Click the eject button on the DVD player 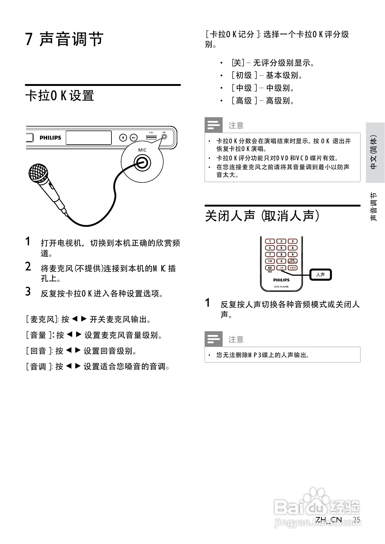point(123,137)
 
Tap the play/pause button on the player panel point(133,137)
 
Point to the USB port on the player point(151,137)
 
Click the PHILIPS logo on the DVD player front point(50,138)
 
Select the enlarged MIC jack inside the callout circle point(142,163)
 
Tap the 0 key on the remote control point(281,261)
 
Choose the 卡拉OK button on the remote point(292,267)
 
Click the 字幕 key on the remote point(270,261)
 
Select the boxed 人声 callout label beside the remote point(320,274)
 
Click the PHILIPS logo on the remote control point(281,280)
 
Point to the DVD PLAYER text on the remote point(281,287)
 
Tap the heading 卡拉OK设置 point(60,96)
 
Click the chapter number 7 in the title point(29,39)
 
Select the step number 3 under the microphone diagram point(28,292)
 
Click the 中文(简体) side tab point(375,152)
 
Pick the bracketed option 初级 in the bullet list point(244,75)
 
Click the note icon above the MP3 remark point(214,339)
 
